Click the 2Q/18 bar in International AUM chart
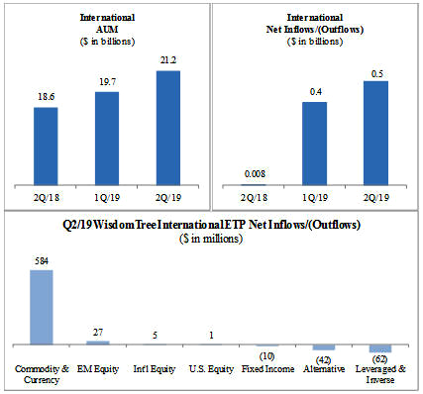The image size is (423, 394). (46, 147)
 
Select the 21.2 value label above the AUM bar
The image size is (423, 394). (168, 60)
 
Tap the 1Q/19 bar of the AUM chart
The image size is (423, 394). (107, 139)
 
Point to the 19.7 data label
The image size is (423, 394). (107, 81)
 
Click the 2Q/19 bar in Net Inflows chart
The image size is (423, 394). (375, 133)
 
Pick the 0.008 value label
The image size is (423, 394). (255, 173)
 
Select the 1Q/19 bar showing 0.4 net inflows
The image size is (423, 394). (315, 144)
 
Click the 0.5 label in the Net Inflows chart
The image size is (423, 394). (376, 74)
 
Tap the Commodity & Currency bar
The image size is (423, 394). (42, 307)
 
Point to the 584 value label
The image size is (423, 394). (42, 261)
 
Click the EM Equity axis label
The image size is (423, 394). (98, 368)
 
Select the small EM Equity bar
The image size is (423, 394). (98, 343)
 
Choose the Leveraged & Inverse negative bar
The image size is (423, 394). (380, 348)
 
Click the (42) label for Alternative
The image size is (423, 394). (324, 359)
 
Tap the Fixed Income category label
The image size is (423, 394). (267, 368)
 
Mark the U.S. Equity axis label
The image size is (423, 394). (211, 368)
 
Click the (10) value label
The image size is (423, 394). (266, 356)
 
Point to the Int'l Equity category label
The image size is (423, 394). (155, 368)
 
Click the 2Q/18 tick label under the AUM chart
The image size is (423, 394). (46, 197)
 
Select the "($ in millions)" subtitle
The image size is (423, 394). (211, 239)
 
